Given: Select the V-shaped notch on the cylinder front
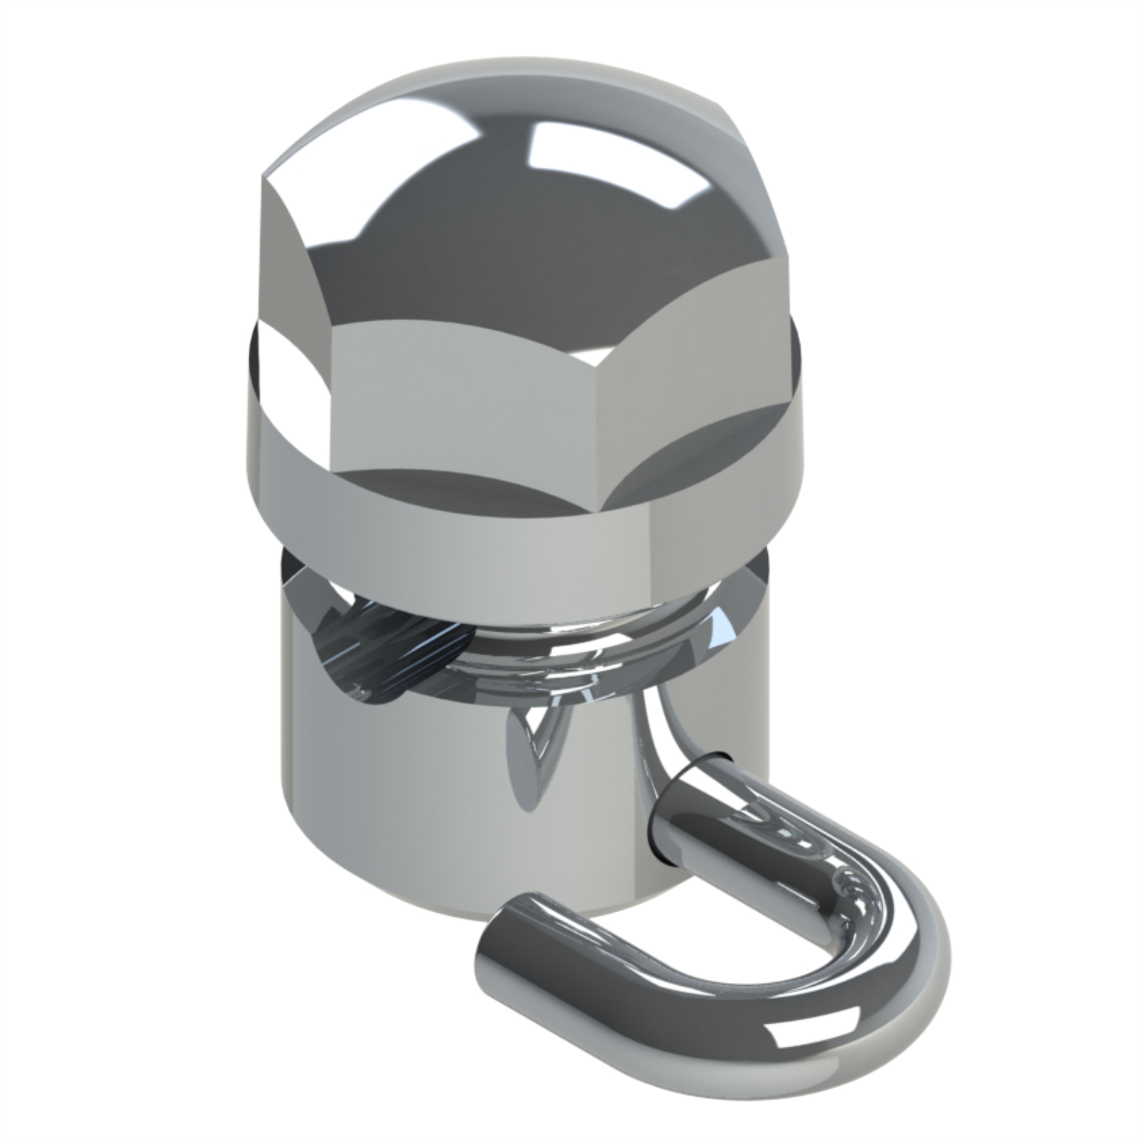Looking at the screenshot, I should point(536,757).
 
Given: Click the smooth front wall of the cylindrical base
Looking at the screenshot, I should point(400,800).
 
